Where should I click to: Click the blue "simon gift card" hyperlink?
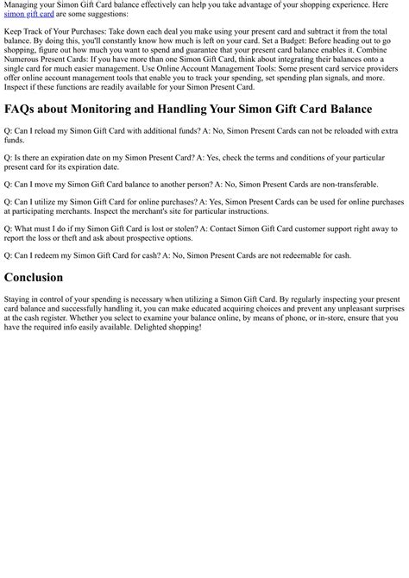(28, 15)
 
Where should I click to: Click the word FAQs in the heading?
(22, 110)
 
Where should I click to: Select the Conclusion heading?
(34, 278)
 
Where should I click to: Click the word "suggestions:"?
(103, 15)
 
